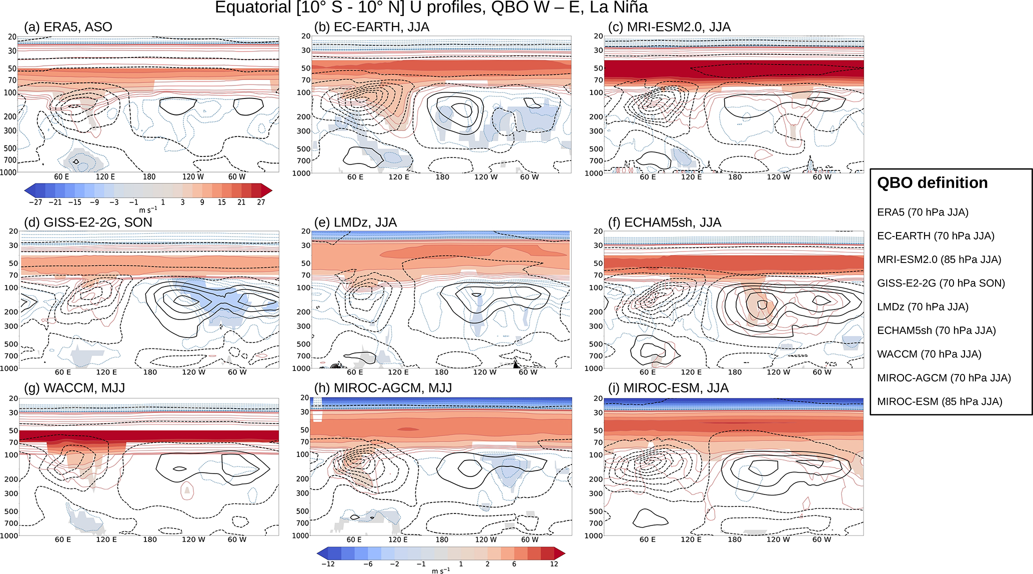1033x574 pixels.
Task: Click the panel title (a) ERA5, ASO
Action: (x=68, y=27)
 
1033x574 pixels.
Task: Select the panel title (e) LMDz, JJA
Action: (x=355, y=222)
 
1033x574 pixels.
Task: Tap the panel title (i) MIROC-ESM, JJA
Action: (x=668, y=388)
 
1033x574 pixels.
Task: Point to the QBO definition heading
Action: (x=932, y=183)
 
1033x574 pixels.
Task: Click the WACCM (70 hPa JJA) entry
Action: (x=929, y=354)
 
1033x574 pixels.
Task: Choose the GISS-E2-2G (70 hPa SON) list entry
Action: (x=941, y=283)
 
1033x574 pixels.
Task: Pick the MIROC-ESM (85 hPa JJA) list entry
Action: (x=940, y=401)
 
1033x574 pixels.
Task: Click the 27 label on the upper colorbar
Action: (x=261, y=202)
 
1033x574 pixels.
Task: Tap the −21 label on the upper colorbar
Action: (x=55, y=202)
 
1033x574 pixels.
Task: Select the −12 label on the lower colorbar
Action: (x=328, y=564)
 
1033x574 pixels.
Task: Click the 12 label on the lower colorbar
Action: (x=554, y=564)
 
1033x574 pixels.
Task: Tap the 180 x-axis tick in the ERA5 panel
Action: (x=149, y=176)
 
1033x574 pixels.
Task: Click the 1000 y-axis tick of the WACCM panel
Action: (x=9, y=535)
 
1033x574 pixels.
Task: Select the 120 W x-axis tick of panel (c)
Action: (x=779, y=177)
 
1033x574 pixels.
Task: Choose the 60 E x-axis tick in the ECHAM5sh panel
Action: (x=648, y=372)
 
